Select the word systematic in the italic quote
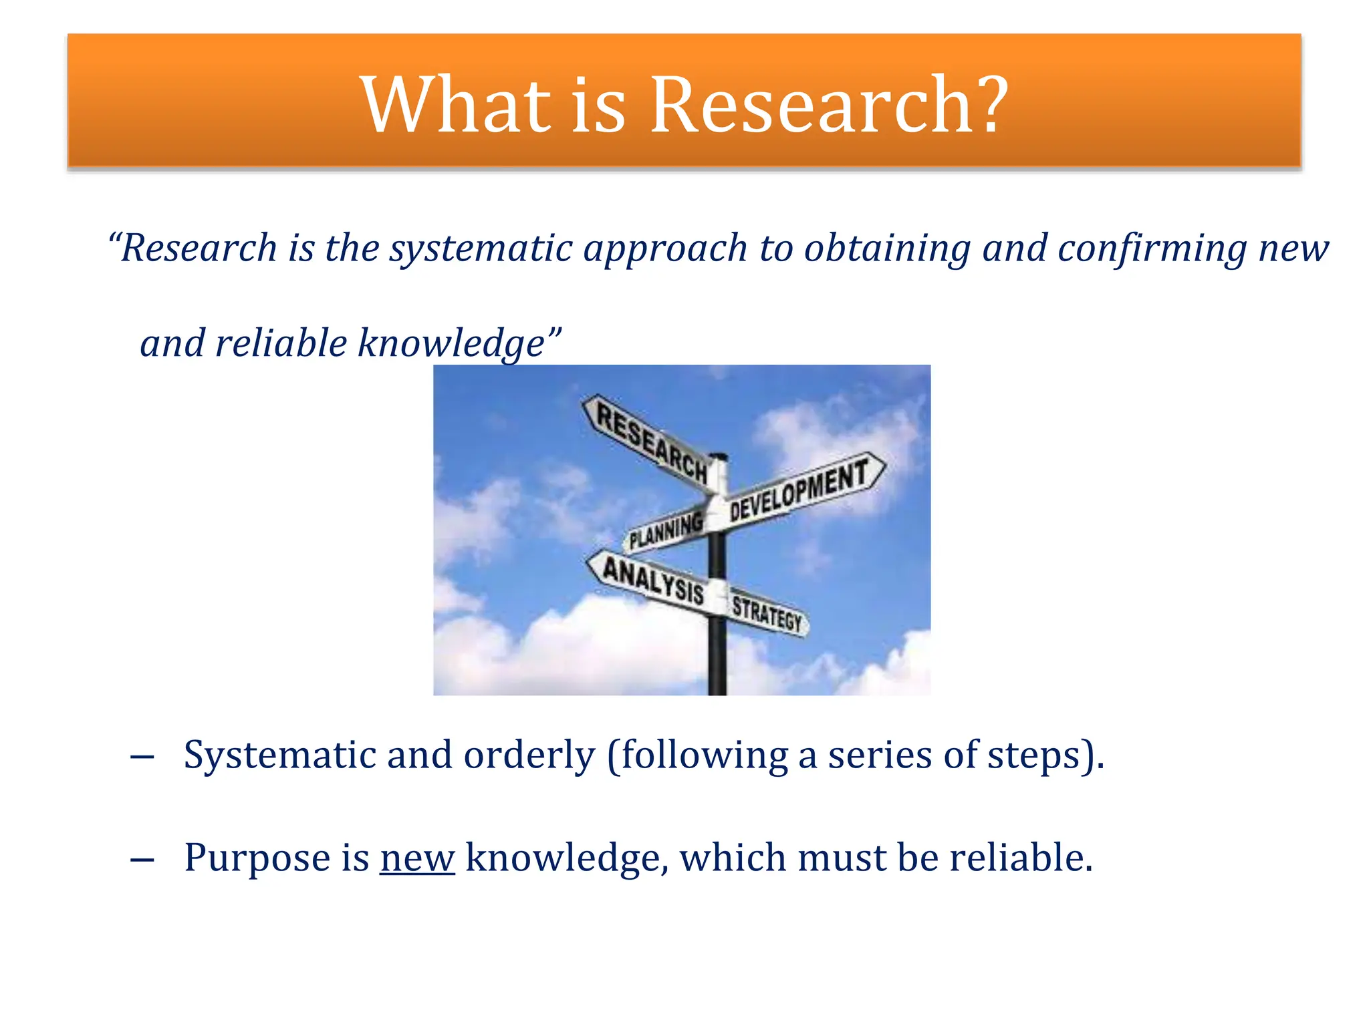[x=481, y=249]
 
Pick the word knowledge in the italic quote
[x=451, y=344]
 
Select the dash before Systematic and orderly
[x=142, y=757]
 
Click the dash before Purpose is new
[x=142, y=860]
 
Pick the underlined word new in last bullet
[x=417, y=858]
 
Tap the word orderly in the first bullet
[x=529, y=756]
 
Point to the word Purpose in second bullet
[x=257, y=858]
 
